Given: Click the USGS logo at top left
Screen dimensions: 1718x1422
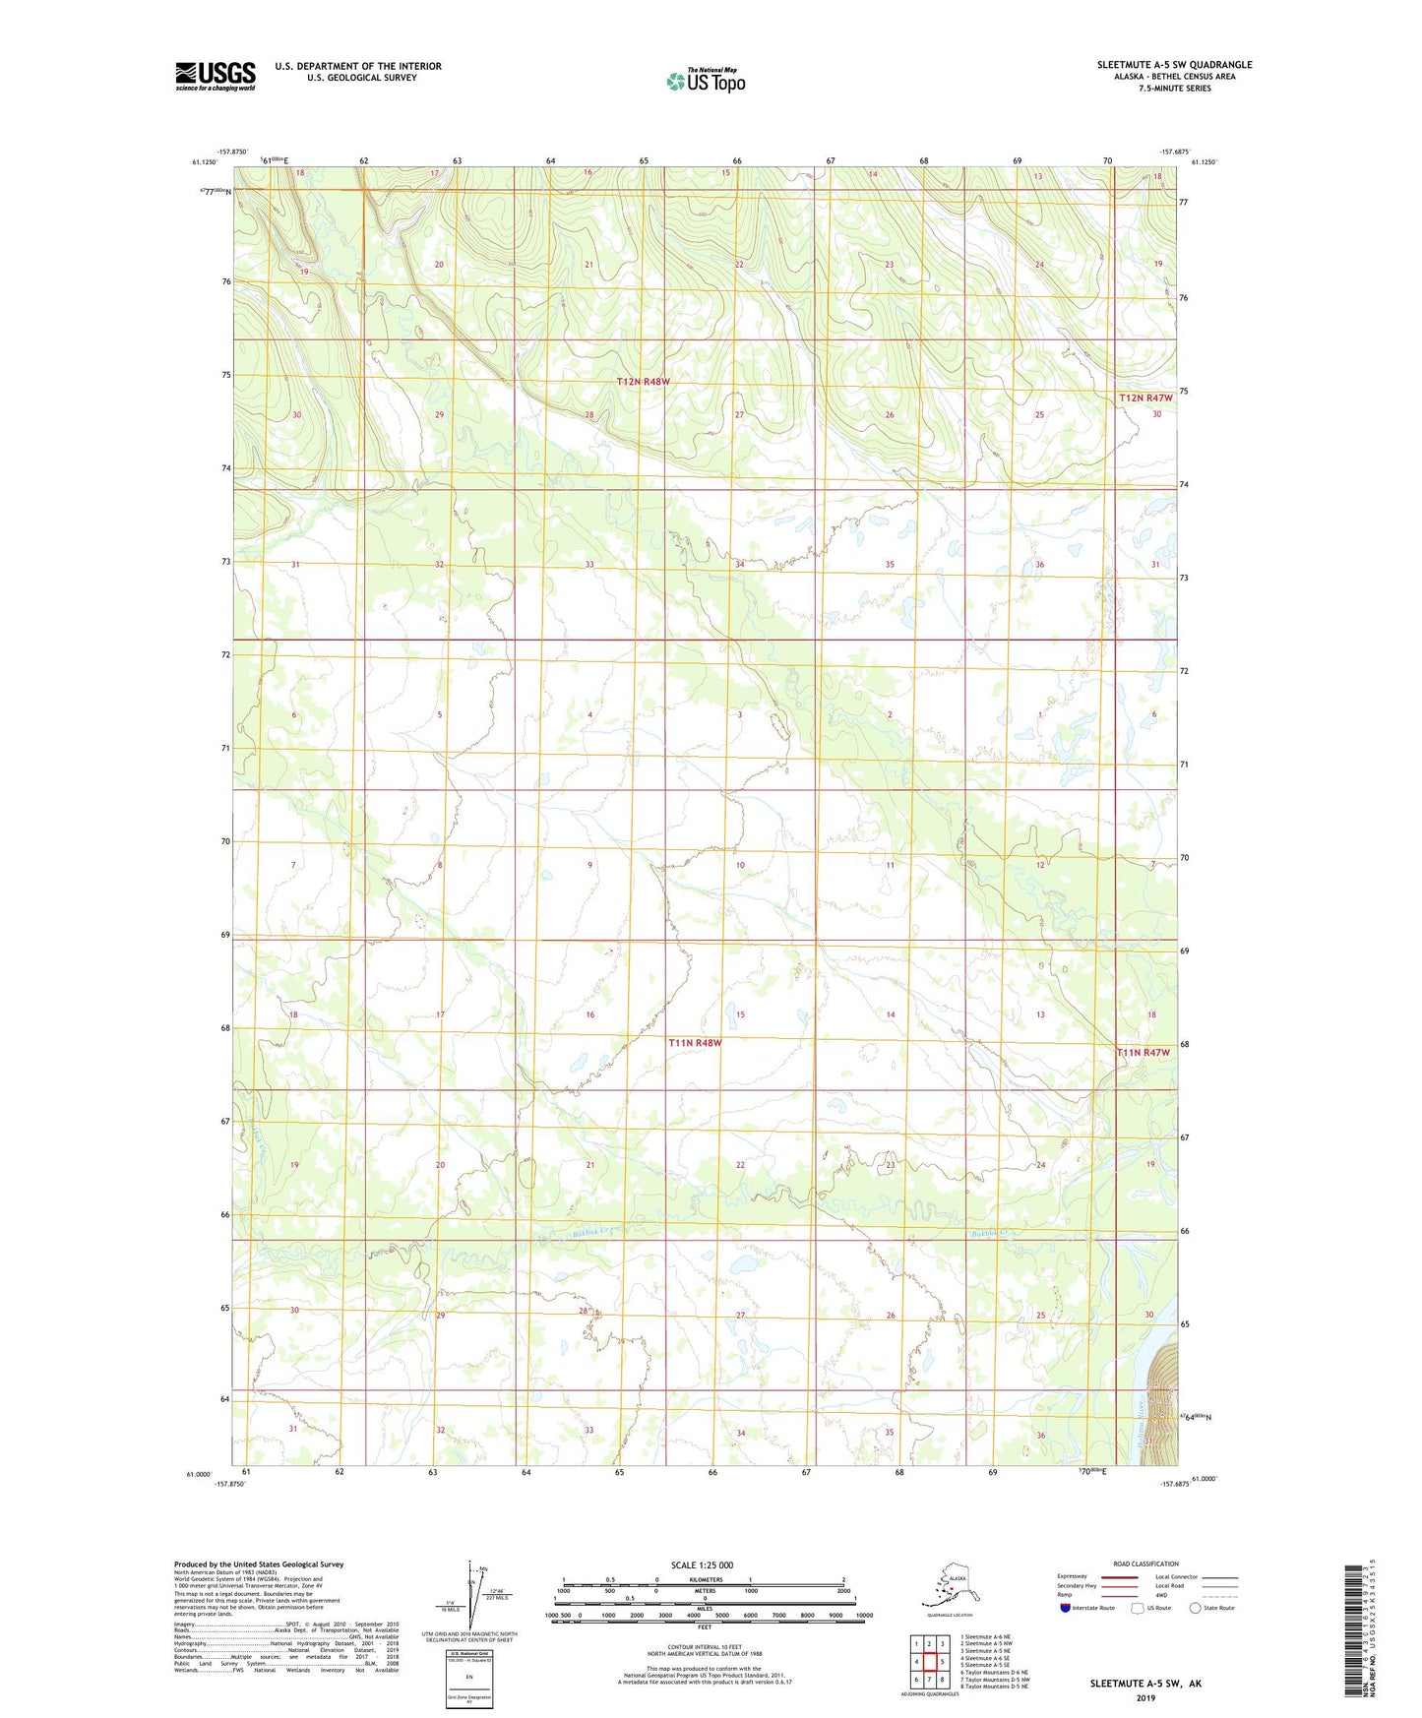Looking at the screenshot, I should pos(216,76).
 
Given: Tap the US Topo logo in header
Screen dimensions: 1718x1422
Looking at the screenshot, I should pos(706,80).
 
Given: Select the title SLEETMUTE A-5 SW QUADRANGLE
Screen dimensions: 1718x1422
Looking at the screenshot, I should pos(1174,65).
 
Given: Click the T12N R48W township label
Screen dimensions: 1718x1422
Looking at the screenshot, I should pos(643,381).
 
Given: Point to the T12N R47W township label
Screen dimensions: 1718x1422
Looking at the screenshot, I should pos(1145,398).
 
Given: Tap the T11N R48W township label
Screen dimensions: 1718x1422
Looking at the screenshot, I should pos(695,1043).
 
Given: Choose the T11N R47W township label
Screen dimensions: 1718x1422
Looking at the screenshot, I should pos(1144,1053).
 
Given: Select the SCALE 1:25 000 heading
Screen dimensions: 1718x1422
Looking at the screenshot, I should pos(702,1565).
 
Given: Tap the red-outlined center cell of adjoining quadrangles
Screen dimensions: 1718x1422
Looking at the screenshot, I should pos(929,1662).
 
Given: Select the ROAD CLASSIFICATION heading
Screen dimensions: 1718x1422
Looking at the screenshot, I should pos(1145,1564).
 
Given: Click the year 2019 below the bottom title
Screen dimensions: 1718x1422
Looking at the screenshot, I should pos(1145,1697).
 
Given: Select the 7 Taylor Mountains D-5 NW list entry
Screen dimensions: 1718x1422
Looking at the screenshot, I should pos(994,1679).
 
